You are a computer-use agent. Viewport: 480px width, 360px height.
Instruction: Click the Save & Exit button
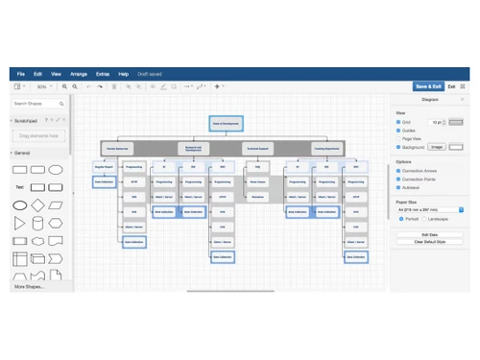[x=427, y=85]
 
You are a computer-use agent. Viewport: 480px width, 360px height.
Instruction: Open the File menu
[x=21, y=74]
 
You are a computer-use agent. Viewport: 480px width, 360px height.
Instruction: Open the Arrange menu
[x=79, y=74]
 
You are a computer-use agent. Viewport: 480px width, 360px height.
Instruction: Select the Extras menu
[x=102, y=74]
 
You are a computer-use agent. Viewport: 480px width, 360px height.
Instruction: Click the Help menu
[x=123, y=74]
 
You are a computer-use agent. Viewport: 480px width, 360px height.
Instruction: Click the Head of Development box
[x=227, y=124]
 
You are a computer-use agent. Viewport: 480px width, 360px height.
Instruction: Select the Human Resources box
[x=118, y=149]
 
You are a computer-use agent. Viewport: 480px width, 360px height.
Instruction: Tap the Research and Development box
[x=193, y=149]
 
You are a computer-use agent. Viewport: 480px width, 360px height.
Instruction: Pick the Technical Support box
[x=257, y=149]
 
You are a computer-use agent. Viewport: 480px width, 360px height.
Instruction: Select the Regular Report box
[x=104, y=167]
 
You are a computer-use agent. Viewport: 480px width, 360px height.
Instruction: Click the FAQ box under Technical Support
[x=257, y=167]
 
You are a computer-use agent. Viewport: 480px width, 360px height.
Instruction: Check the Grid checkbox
[x=398, y=123]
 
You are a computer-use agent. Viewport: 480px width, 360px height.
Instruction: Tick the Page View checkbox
[x=398, y=138]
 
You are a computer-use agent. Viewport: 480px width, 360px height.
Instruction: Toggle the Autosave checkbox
[x=398, y=188]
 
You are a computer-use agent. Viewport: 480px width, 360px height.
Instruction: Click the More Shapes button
[x=29, y=286]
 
